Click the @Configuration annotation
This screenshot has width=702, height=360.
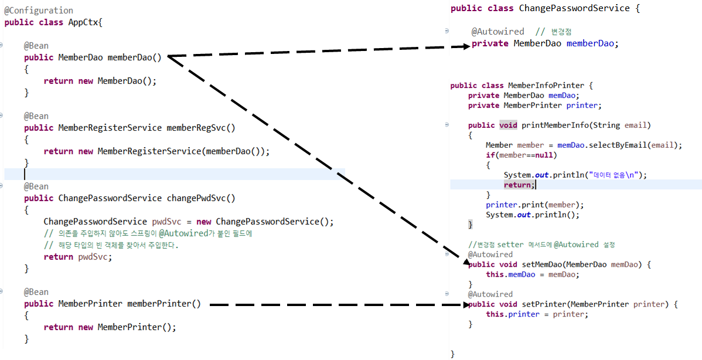pyautogui.click(x=39, y=11)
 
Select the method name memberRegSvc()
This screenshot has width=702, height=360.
pyautogui.click(x=200, y=128)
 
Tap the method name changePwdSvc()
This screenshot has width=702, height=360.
pyautogui.click(x=200, y=198)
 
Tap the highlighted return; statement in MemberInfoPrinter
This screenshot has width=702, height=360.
pyautogui.click(x=518, y=185)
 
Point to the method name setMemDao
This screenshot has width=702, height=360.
pyautogui.click(x=538, y=264)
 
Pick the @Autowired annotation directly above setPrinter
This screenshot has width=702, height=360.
pyautogui.click(x=490, y=294)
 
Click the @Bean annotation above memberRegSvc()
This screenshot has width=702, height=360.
pyautogui.click(x=36, y=116)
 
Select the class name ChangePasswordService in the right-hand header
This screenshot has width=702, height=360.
pyautogui.click(x=574, y=8)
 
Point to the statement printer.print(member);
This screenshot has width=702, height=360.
pyautogui.click(x=534, y=205)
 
